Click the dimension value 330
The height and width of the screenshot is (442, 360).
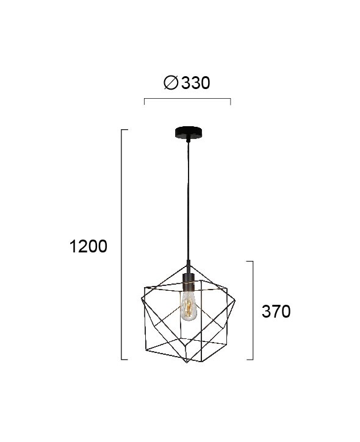[195, 83]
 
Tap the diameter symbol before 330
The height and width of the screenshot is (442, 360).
[171, 83]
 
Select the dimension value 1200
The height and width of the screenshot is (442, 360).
[88, 246]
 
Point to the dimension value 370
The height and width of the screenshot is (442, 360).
[276, 312]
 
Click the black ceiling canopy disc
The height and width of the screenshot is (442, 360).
[188, 132]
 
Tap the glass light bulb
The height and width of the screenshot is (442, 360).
[189, 306]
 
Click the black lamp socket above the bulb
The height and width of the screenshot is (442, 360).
[188, 282]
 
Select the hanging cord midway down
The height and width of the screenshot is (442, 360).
[187, 202]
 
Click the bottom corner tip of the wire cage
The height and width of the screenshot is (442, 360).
[187, 363]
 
